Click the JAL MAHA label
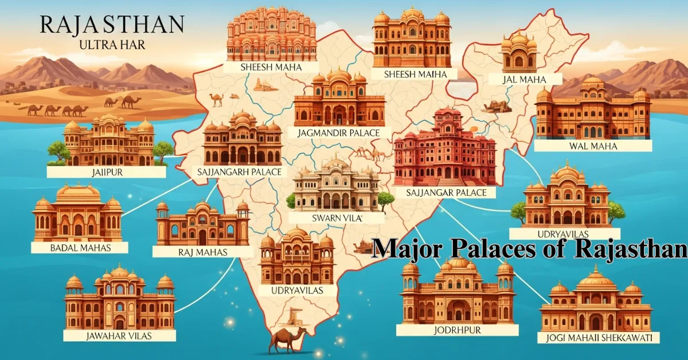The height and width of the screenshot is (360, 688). (x=522, y=79)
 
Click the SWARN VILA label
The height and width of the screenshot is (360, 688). (x=336, y=218)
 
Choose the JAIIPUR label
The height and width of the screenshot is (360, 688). (x=107, y=171)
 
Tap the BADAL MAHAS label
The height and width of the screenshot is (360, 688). (x=79, y=248)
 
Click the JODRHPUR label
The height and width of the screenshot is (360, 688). (x=457, y=330)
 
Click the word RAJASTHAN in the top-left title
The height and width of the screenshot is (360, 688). (x=111, y=25)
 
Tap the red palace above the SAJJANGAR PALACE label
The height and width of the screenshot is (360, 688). (x=444, y=147)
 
